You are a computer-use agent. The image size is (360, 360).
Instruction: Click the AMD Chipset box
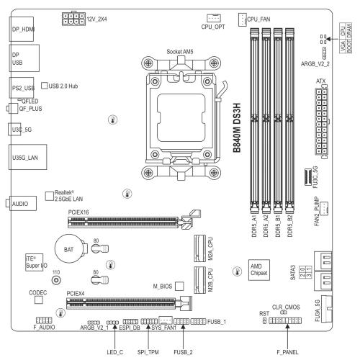point(260,269)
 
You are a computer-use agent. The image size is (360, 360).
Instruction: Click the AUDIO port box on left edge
point(19,204)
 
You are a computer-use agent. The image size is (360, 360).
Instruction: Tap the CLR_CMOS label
point(286,307)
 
